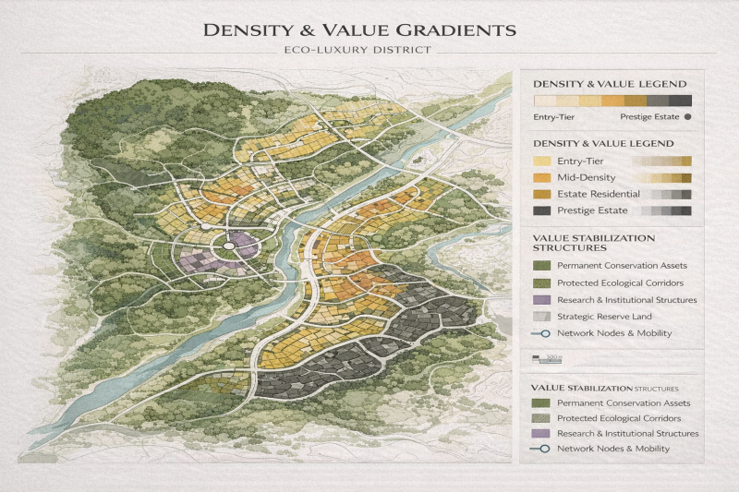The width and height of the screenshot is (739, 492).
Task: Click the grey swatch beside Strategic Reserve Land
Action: pos(541,317)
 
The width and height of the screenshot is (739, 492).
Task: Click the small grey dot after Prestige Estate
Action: pos(689,117)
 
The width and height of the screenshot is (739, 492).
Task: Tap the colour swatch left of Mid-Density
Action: pos(542,177)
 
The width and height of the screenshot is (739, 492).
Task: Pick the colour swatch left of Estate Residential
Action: pos(542,194)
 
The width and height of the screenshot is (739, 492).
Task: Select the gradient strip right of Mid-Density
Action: pos(660,177)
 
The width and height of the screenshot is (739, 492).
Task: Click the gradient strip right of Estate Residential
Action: pos(660,194)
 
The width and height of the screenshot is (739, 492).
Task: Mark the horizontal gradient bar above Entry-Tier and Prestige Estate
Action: pos(612,102)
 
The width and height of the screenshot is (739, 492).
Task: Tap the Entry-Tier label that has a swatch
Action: pos(581,161)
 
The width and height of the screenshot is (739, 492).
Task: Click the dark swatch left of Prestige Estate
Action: pos(542,210)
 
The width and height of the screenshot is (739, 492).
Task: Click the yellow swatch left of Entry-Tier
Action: pos(542,161)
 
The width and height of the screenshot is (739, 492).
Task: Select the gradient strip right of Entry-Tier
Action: pos(660,161)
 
